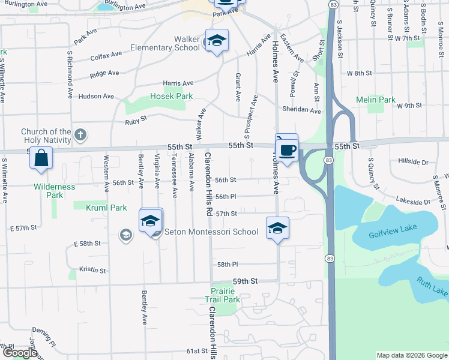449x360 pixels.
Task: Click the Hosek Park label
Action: pos(171,96)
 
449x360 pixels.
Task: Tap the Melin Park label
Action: pos(376,100)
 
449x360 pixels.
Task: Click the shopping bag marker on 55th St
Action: pos(42,158)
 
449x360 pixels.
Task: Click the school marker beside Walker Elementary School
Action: pos(217,41)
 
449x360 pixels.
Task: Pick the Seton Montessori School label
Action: pos(220,232)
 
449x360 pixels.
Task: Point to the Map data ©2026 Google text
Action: pos(412,355)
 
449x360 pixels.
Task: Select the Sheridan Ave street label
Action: pos(302,110)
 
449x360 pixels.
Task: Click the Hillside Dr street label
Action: pos(413,162)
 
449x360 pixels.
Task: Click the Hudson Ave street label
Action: pos(96,96)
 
